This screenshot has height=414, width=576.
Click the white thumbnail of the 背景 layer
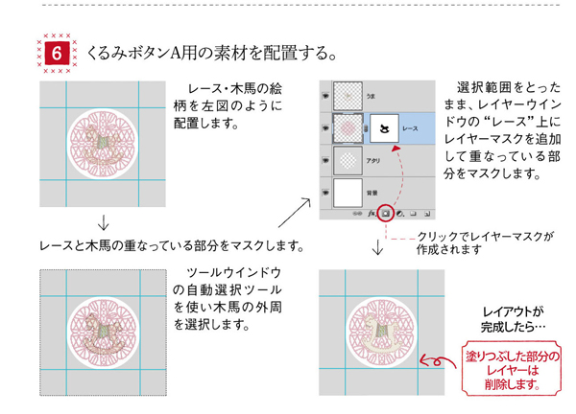347,194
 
